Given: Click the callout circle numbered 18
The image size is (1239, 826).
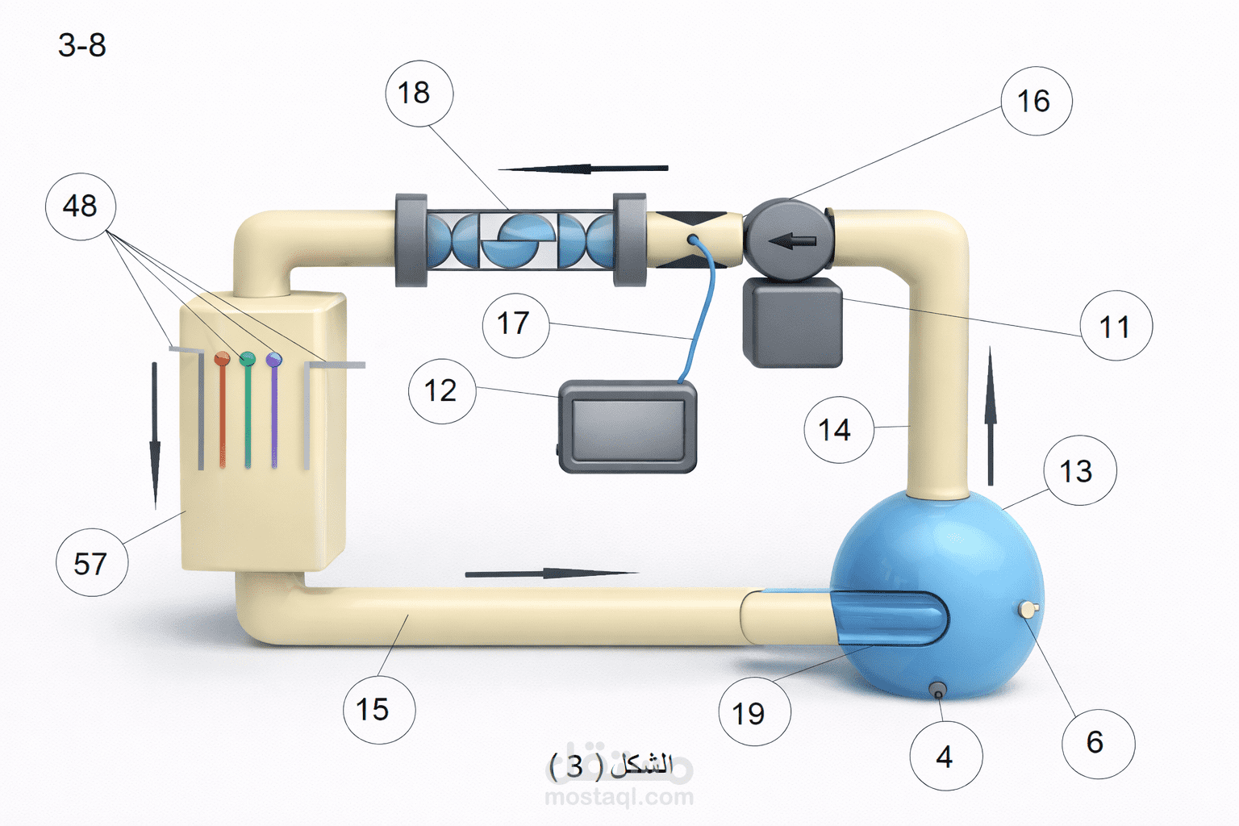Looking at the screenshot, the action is [x=419, y=94].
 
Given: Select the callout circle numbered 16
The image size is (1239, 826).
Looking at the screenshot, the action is [x=1037, y=101].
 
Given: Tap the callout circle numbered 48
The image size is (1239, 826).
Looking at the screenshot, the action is [x=81, y=206].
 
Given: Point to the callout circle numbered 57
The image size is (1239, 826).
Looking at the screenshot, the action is [x=92, y=562].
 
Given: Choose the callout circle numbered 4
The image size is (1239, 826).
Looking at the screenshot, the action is [x=946, y=756].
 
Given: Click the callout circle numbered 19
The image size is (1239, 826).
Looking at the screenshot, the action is [x=754, y=711].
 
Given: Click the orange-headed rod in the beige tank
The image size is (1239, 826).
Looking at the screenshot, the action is [x=223, y=410].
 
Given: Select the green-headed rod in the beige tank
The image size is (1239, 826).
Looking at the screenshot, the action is [x=248, y=410].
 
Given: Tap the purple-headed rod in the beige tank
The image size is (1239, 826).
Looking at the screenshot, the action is [x=273, y=410].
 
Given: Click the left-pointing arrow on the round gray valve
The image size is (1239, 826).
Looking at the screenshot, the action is [x=792, y=241].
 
